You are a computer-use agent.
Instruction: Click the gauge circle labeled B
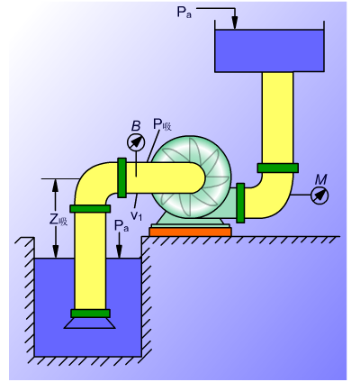[136, 142]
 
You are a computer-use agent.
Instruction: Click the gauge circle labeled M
[319, 196]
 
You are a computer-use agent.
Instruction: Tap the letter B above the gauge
[136, 126]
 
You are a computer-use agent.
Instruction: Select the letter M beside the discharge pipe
[320, 179]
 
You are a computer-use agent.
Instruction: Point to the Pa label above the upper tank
[184, 13]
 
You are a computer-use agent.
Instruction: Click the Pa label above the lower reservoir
[121, 226]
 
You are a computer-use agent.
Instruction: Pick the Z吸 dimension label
[58, 221]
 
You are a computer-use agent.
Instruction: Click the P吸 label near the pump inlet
[162, 124]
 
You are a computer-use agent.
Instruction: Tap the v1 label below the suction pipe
[136, 215]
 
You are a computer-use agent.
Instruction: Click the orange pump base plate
[191, 232]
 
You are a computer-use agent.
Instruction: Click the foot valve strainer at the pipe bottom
[90, 323]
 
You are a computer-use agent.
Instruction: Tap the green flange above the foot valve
[90, 314]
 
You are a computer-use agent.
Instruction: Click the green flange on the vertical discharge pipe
[278, 168]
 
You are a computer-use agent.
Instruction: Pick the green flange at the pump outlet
[240, 203]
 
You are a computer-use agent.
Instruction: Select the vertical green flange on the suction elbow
[121, 177]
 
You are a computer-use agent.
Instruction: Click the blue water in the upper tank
[269, 50]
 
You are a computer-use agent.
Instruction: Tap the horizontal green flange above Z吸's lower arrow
[90, 209]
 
